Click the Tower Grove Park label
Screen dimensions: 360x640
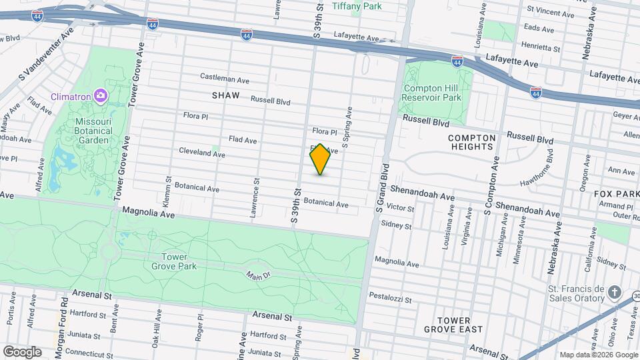[179, 261]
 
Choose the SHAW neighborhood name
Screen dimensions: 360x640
[225, 96]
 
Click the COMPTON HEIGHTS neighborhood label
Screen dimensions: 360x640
[473, 142]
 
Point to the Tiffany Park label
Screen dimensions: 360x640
[357, 6]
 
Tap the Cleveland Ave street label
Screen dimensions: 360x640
[201, 153]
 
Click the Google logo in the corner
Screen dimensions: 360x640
[22, 351]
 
